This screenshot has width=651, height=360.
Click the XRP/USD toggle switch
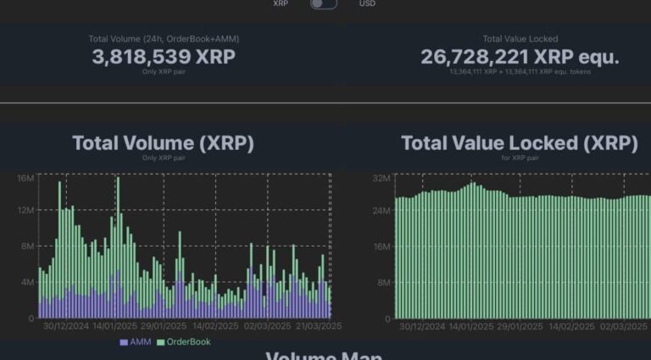[x=324, y=4]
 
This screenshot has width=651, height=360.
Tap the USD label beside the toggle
[x=367, y=4]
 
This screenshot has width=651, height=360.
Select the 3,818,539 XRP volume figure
[x=164, y=57]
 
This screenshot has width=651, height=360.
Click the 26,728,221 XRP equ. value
[x=520, y=57]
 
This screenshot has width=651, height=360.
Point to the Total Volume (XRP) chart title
[x=163, y=143]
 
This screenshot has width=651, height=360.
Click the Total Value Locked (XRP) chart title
[x=519, y=143]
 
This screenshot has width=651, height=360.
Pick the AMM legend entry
[x=136, y=342]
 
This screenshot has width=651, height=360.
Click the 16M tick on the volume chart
[x=25, y=178]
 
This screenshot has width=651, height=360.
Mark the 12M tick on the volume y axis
[x=25, y=210]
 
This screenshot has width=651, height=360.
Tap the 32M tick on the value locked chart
[x=381, y=178]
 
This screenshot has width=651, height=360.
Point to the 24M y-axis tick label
[x=381, y=210]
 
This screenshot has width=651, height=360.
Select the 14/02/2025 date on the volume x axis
[x=216, y=326]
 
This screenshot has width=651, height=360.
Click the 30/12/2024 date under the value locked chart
[x=421, y=326]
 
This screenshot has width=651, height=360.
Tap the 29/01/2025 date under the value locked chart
[x=521, y=326]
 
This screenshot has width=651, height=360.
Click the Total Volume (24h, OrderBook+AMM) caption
[x=164, y=39]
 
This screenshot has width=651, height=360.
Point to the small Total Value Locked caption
[x=520, y=39]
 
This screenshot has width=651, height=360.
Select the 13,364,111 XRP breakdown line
[x=520, y=72]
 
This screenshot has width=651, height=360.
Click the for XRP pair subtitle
[x=519, y=158]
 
